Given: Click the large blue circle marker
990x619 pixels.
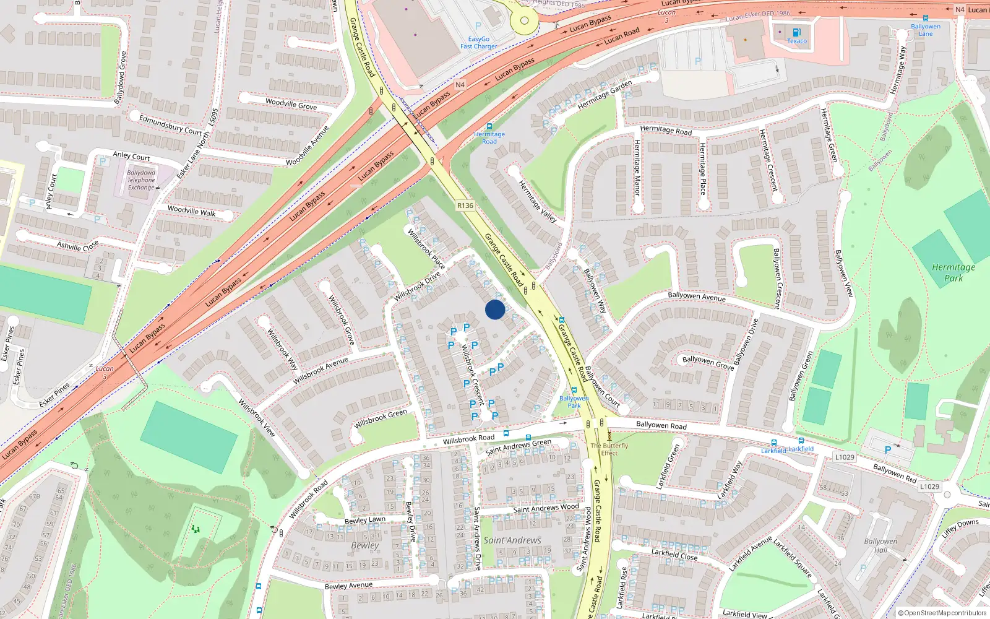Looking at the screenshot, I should (x=495, y=309).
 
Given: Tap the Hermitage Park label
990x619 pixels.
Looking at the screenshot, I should (x=953, y=272).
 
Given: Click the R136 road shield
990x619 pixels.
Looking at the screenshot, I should (x=465, y=206).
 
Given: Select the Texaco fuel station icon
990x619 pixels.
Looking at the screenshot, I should (x=796, y=32).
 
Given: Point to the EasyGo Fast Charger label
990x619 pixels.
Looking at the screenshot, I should (x=478, y=43).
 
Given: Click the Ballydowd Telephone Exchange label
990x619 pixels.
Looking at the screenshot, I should (x=141, y=180).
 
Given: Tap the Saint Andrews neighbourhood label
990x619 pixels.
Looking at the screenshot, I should (x=512, y=540).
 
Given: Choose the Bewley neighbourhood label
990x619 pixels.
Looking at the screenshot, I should (x=364, y=545).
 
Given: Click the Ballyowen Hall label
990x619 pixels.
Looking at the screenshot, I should (x=880, y=545).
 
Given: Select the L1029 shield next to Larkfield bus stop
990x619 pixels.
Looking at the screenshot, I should (x=845, y=457).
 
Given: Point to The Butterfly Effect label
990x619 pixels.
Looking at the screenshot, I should (x=609, y=449).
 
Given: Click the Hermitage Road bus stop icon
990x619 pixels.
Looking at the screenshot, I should (x=489, y=126).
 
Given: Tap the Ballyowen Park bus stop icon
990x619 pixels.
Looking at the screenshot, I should (x=574, y=391).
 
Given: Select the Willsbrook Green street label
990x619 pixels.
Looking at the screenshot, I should (x=381, y=419).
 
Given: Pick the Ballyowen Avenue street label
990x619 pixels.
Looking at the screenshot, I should (x=696, y=297).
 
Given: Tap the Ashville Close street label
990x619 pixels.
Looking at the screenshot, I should (x=77, y=246).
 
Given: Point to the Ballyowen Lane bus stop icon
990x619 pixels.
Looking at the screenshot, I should (x=925, y=19).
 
